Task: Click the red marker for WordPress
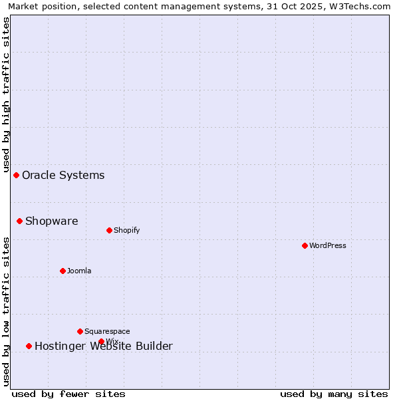coord(305,245)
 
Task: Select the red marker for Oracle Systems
coord(17,175)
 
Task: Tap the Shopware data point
coord(20,221)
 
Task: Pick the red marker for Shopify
coord(109,230)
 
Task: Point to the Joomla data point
coord(63,271)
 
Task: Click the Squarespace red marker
coord(80,331)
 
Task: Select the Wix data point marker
coord(101,341)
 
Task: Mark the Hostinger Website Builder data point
coord(29,346)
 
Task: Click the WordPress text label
coord(328,245)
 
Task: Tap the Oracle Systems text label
coord(63,176)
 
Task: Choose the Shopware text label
coord(52,221)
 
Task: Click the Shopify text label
coord(127,231)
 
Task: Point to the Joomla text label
coord(79,271)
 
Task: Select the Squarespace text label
coord(107,332)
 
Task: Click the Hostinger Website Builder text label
coord(104,346)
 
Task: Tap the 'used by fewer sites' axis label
coord(68,394)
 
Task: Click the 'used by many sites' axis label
coord(334,394)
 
